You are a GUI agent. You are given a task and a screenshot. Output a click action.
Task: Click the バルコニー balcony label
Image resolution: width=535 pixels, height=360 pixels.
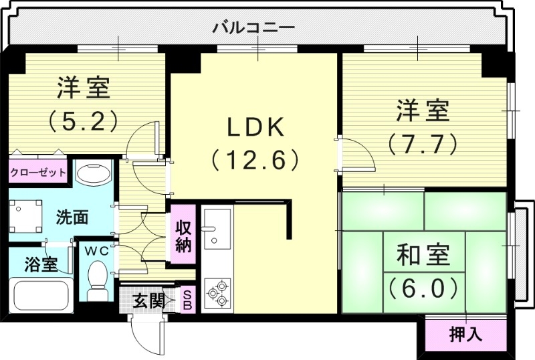[253, 28]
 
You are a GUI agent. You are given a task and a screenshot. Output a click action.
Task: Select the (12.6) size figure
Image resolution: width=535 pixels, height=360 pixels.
[253, 160]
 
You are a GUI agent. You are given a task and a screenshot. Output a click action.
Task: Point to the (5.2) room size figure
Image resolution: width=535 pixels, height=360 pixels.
[83, 120]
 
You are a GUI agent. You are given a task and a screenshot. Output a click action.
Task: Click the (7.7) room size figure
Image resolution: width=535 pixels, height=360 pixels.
[422, 143]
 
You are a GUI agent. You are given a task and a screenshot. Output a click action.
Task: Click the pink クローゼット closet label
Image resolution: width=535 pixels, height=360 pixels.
[38, 173]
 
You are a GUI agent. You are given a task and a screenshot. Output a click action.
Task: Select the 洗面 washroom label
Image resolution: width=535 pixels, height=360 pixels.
[72, 217]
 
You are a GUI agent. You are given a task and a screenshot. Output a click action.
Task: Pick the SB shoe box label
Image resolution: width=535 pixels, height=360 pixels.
[188, 299]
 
